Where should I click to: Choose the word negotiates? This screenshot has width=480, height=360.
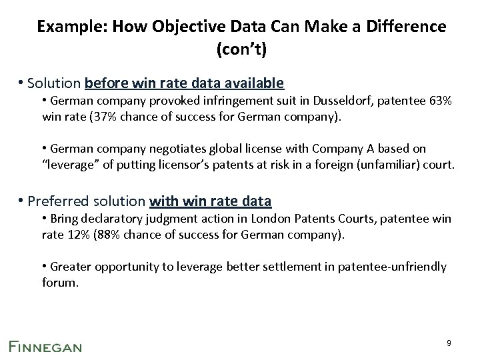pyautogui.click(x=172, y=148)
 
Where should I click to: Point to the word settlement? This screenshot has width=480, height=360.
pyautogui.click(x=295, y=267)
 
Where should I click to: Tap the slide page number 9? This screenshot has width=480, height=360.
pyautogui.click(x=449, y=343)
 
